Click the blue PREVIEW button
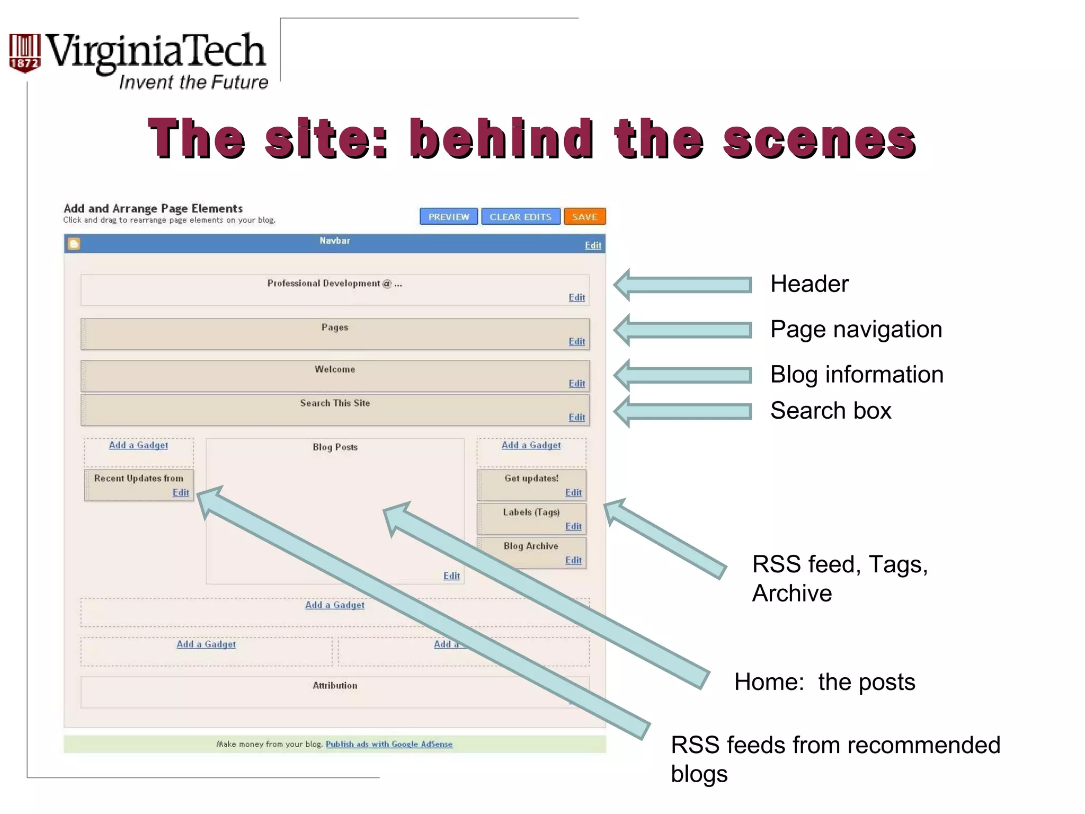tap(448, 217)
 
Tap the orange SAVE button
tap(584, 217)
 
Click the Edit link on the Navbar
tap(593, 245)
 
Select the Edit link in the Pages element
tap(576, 342)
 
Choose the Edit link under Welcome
tap(576, 384)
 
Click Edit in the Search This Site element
tap(576, 418)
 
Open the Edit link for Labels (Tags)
tap(573, 526)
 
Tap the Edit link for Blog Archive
tap(573, 560)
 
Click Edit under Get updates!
tap(573, 492)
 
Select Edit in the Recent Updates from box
tap(181, 492)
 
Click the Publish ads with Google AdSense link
tap(389, 744)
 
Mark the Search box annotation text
tap(830, 411)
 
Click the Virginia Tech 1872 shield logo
tap(24, 53)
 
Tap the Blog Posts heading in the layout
tap(335, 447)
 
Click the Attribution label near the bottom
tap(335, 686)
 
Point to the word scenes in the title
tap(820, 139)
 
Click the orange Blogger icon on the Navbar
tap(74, 244)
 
